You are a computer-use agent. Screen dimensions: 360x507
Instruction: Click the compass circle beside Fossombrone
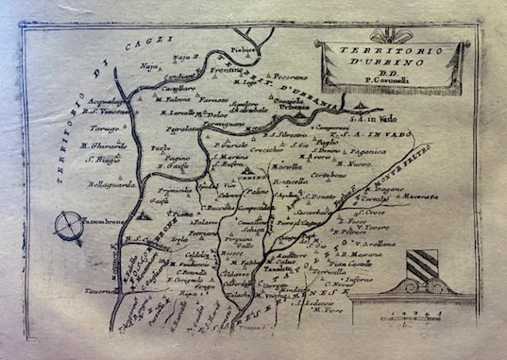click(68, 227)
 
